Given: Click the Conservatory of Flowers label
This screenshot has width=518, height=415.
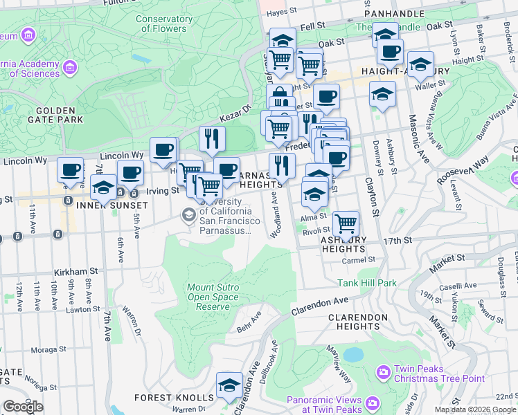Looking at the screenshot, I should click(x=161, y=24).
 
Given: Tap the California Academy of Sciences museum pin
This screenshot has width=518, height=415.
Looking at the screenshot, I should click(x=69, y=68).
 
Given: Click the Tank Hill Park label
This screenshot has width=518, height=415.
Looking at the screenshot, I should click(x=367, y=283).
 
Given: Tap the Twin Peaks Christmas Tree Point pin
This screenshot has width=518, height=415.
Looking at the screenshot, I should click(x=383, y=373).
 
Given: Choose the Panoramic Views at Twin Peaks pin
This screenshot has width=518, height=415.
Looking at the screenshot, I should click(x=373, y=402).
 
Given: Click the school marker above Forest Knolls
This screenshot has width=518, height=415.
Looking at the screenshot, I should click(x=229, y=385).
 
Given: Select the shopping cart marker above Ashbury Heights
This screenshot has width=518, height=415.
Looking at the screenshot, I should click(x=346, y=223).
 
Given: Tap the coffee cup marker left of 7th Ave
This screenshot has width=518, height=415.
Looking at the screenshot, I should click(x=70, y=169).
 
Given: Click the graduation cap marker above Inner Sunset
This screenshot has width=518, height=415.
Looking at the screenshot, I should click(x=103, y=187).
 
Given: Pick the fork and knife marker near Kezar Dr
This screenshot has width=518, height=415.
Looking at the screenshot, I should click(x=212, y=138).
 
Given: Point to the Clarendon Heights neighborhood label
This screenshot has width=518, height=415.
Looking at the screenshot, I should click(x=358, y=322).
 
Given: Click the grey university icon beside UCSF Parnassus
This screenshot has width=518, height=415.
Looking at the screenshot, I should click(x=188, y=215).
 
